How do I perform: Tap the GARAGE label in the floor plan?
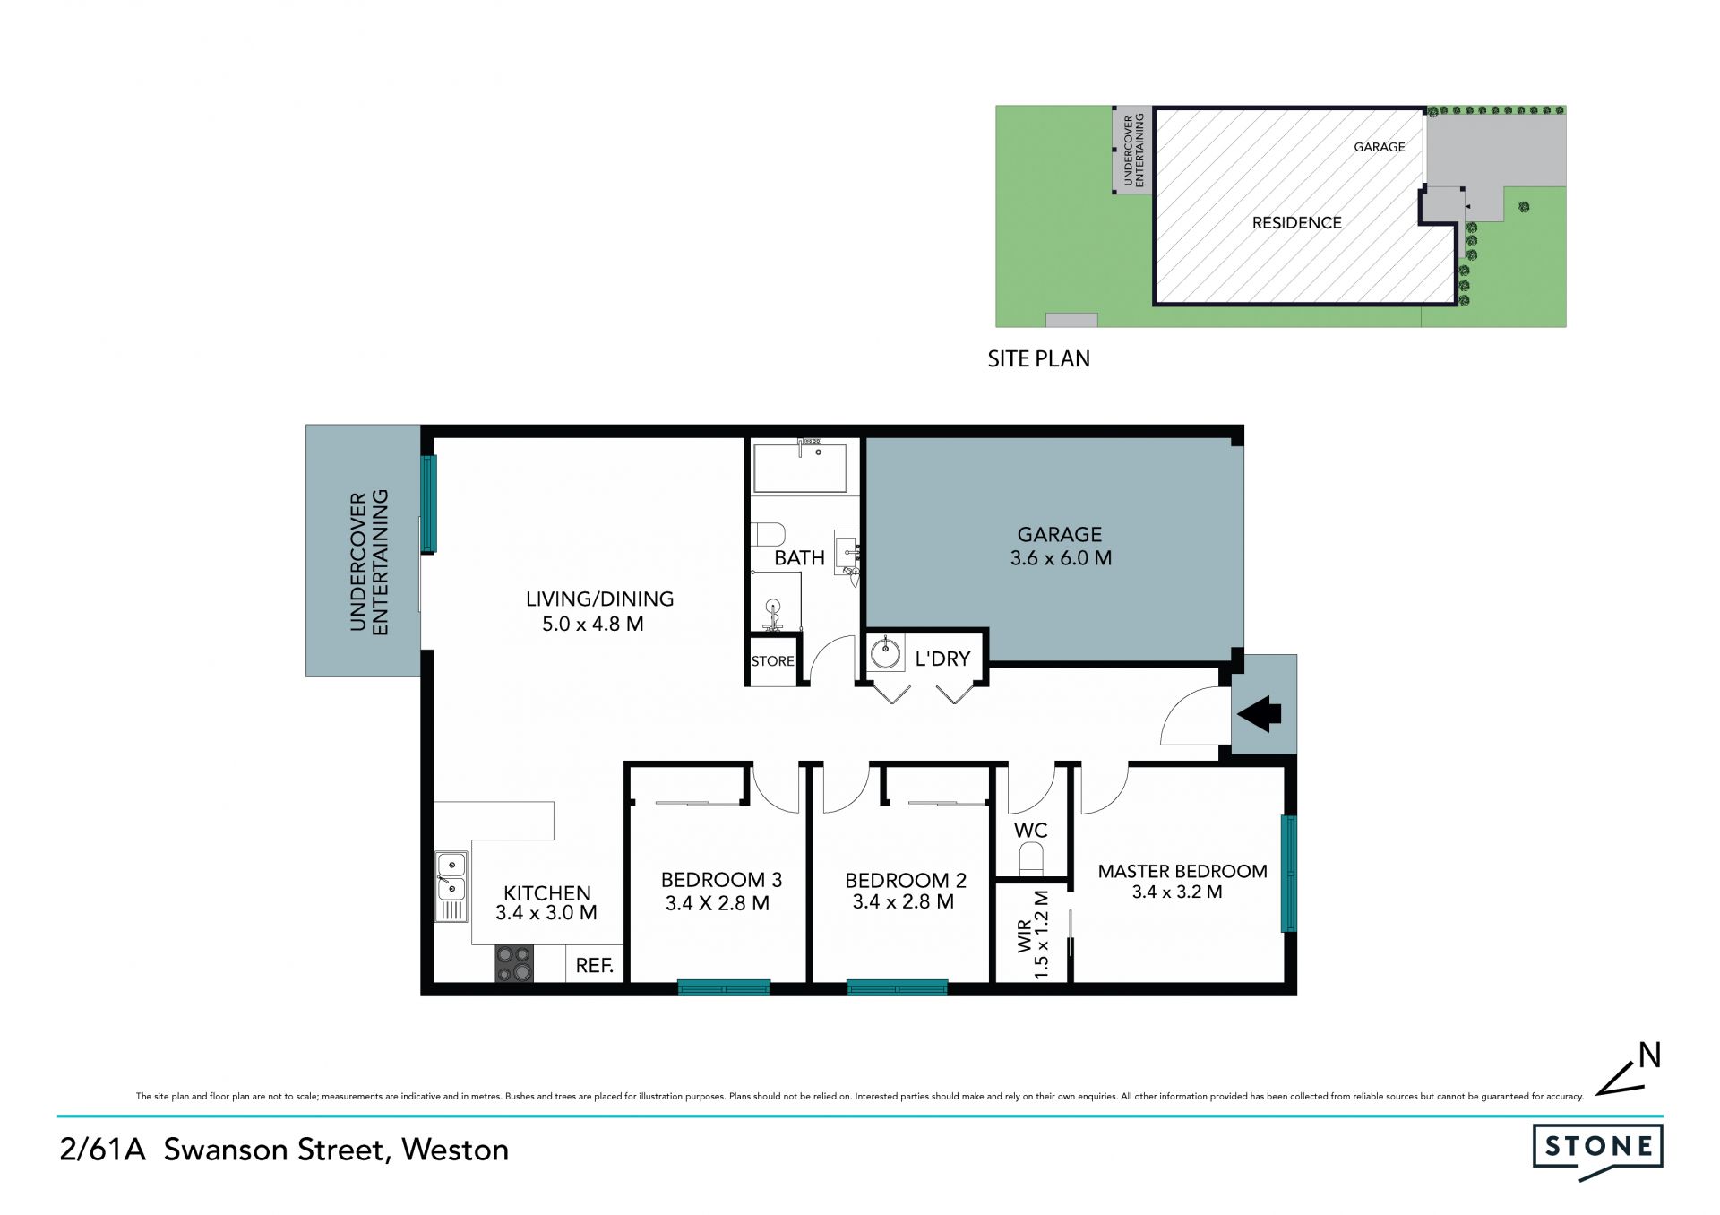(1059, 534)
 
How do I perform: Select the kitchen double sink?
(451, 886)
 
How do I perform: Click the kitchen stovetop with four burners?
(514, 963)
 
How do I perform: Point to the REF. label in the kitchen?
(594, 965)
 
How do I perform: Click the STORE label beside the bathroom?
(772, 661)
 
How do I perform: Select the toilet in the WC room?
(1033, 857)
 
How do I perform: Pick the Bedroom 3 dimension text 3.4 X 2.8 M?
(718, 903)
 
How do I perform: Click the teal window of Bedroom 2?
(897, 988)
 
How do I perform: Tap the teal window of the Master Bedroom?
(1289, 873)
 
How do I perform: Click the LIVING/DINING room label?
(599, 599)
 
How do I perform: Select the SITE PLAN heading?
(1039, 358)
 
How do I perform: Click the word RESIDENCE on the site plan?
(1296, 222)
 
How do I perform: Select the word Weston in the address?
(455, 1149)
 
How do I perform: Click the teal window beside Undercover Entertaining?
(428, 504)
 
